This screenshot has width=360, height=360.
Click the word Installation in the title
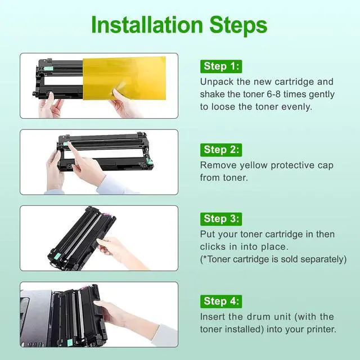(147, 25)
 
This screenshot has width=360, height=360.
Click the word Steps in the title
(238, 25)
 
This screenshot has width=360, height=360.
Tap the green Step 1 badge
(221, 66)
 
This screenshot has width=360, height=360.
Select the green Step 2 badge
(221, 150)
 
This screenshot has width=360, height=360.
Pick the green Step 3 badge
(221, 219)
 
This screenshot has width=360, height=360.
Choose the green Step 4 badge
(221, 301)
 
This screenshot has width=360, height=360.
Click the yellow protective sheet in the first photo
(124, 78)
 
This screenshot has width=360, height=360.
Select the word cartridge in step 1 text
(294, 82)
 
